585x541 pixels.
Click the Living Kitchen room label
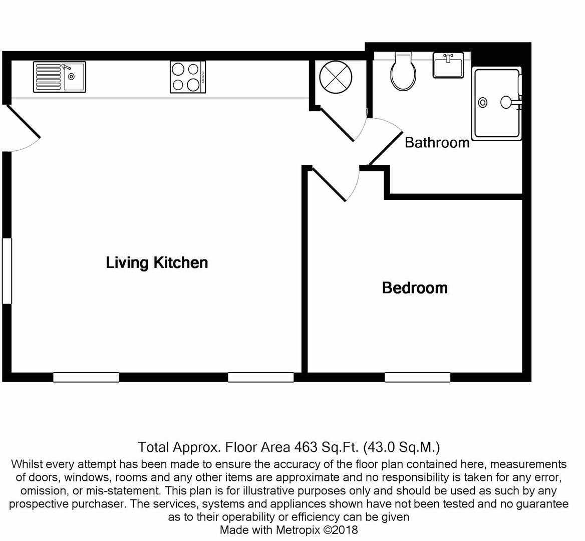coord(157,262)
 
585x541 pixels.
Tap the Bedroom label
coord(415,288)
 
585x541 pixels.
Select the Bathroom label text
coord(437,143)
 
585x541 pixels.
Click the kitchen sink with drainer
coord(60,77)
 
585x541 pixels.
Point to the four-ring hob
coord(188,77)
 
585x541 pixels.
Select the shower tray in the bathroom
coord(497,104)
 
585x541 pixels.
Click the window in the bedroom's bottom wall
coord(417,377)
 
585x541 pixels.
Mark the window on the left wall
coord(7,270)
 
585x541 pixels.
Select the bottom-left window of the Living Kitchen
coord(86,377)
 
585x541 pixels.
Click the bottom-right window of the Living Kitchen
coord(261,377)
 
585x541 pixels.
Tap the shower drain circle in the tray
coord(483,103)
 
